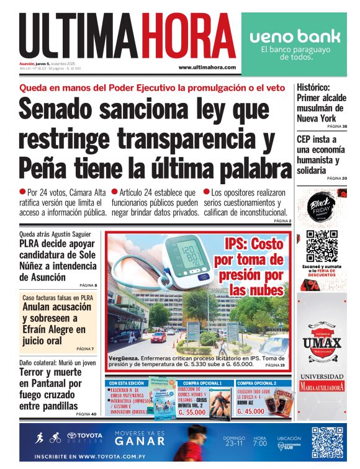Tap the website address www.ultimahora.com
(207, 67)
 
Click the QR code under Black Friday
(321, 246)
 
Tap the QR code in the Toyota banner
(327, 443)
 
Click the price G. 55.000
(192, 411)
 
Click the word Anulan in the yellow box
(39, 306)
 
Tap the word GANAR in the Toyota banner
(140, 442)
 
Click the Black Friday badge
(321, 208)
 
